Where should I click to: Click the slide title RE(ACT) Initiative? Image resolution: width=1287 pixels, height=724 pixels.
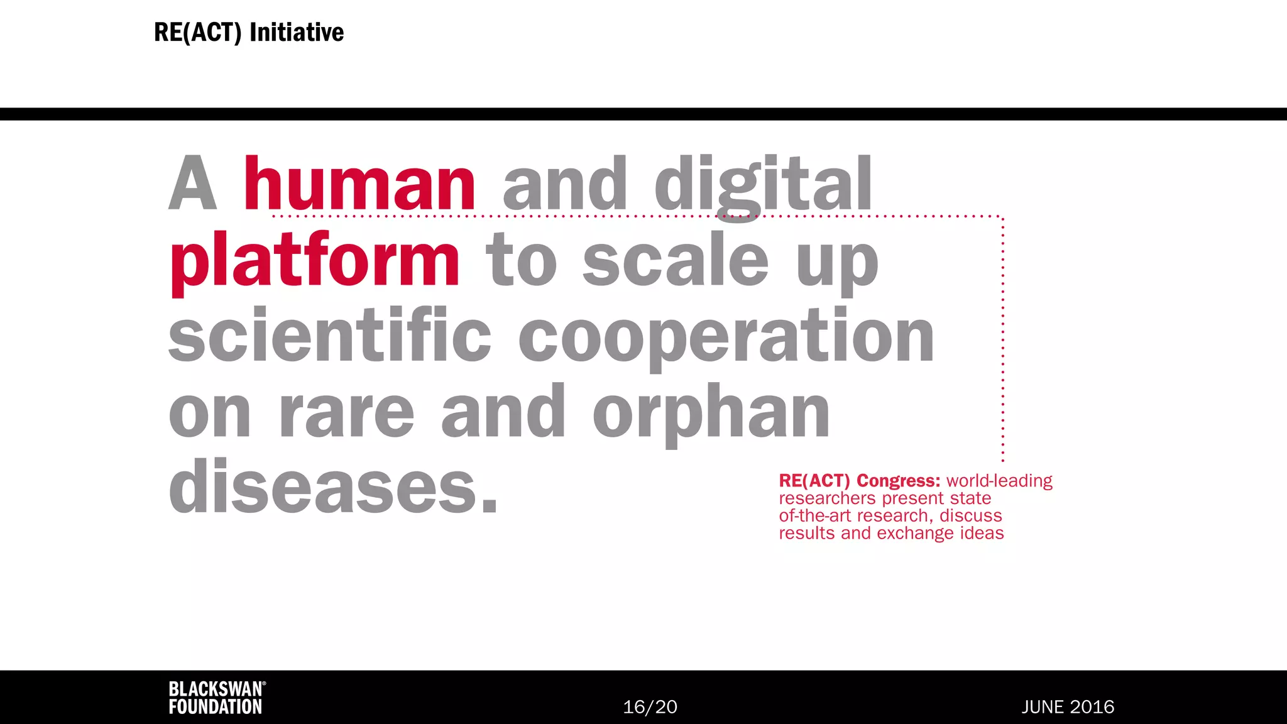click(x=249, y=33)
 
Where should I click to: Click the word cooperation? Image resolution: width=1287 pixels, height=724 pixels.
click(x=726, y=337)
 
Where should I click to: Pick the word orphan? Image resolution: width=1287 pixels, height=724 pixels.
click(x=711, y=413)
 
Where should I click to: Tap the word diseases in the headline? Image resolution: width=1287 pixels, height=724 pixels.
click(x=333, y=487)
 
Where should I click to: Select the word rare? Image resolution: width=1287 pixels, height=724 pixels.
click(x=346, y=413)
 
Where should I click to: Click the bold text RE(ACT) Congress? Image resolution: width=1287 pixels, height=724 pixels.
click(x=859, y=481)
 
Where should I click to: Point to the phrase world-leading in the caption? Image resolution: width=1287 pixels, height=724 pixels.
click(x=999, y=481)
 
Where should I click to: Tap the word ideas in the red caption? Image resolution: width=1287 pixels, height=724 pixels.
click(x=982, y=533)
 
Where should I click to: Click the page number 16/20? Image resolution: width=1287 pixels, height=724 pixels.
click(x=650, y=707)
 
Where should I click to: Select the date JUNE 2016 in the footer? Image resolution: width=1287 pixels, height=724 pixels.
click(x=1067, y=707)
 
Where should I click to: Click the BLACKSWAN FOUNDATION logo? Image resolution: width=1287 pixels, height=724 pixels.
click(x=216, y=698)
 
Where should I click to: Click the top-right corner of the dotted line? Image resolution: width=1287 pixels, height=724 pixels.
click(x=1002, y=217)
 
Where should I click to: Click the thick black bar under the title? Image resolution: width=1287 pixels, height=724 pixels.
click(x=643, y=114)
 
